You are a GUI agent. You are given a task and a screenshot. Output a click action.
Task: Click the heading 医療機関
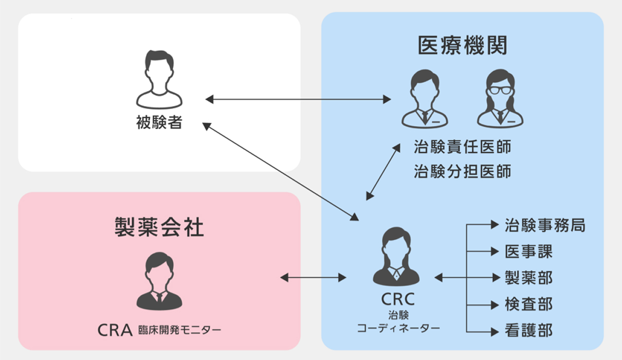(462, 46)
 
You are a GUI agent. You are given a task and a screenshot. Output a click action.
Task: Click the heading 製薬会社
(159, 227)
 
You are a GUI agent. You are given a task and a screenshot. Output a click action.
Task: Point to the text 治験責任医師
(462, 147)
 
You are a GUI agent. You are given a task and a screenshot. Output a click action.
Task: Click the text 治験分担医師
(462, 171)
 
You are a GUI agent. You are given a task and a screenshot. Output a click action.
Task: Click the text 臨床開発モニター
(179, 330)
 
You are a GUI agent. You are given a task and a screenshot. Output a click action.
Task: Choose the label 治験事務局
(544, 225)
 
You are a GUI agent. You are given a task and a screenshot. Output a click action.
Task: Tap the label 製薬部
(528, 278)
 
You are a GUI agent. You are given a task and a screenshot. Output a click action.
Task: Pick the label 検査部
(528, 304)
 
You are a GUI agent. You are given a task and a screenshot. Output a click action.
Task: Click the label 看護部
(528, 330)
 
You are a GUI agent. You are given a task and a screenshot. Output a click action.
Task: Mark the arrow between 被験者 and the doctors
(298, 99)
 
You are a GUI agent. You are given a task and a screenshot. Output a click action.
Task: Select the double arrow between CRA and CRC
(313, 278)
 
